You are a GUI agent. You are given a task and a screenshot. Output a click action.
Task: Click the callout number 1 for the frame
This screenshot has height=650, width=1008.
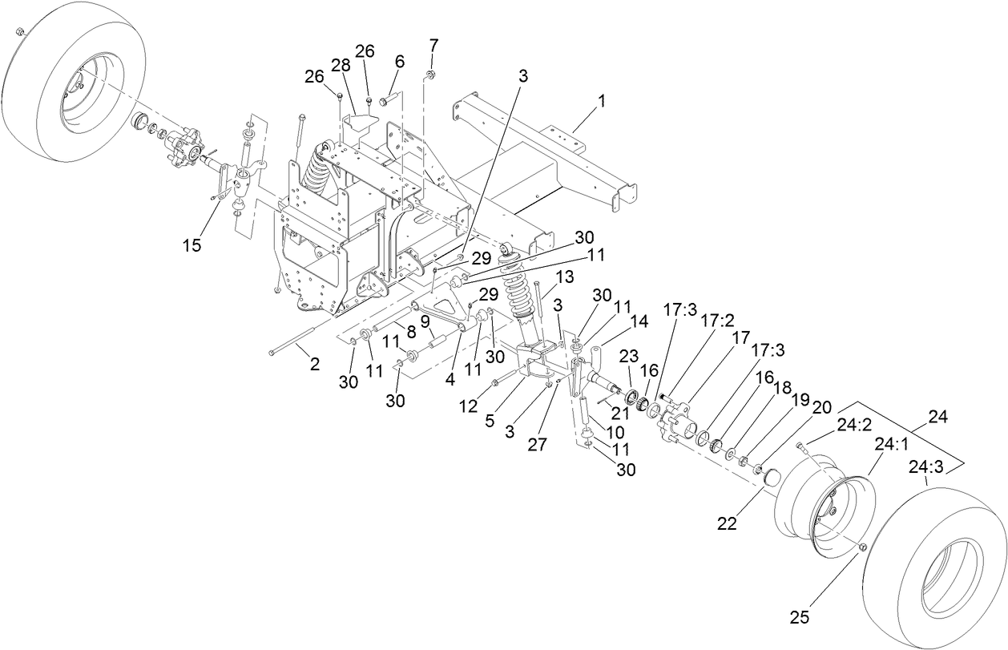click(601, 102)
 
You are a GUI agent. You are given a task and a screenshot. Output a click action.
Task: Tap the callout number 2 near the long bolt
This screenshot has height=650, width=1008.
click(314, 363)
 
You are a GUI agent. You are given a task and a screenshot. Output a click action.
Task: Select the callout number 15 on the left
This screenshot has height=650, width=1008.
click(192, 246)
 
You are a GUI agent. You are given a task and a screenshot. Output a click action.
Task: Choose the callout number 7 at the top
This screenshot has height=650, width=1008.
click(433, 42)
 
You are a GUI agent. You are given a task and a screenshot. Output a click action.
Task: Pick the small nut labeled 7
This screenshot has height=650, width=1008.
click(430, 75)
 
